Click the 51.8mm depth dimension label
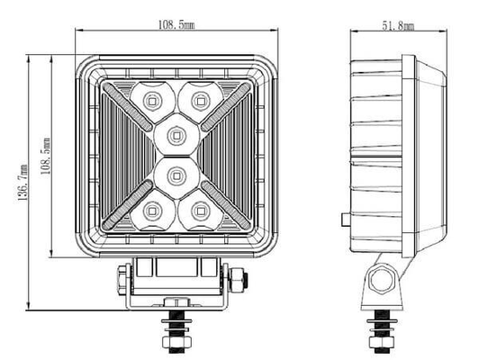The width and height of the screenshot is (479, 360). [x=398, y=26]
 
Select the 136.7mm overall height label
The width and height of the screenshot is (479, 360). [x=23, y=183]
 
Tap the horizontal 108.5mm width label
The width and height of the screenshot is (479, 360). [x=176, y=24]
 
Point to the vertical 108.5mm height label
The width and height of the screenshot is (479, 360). [x=46, y=156]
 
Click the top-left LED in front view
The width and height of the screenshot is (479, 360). [x=151, y=101]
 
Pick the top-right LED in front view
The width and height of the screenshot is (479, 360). [x=201, y=101]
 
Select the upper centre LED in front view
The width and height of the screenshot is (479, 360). [x=176, y=135]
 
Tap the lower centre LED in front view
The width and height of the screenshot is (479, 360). [x=176, y=175]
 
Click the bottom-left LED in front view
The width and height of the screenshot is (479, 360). [x=151, y=211]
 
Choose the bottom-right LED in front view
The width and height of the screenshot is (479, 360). [x=201, y=211]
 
